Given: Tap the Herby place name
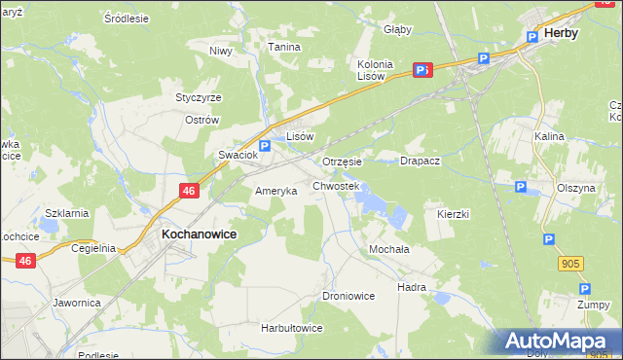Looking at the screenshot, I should point(562,32).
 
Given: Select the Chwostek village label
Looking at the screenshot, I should point(336,185).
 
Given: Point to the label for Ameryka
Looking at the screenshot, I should point(275,191).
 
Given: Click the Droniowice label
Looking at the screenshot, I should point(348,295).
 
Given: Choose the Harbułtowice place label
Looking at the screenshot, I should point(291,328).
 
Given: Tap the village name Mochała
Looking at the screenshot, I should point(388,249).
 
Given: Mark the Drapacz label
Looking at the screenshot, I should point(421,161).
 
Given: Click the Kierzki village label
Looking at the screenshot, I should point(454,213).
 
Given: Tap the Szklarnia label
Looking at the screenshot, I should point(67,212).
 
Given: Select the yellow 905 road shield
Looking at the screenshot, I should point(571,263).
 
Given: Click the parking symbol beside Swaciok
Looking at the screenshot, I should point(264,145).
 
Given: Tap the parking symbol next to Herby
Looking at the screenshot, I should point(531,37).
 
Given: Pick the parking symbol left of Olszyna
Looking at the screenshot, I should point(521,187).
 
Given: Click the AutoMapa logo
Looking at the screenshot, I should point(559,342).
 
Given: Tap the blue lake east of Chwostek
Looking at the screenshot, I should point(369,200).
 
